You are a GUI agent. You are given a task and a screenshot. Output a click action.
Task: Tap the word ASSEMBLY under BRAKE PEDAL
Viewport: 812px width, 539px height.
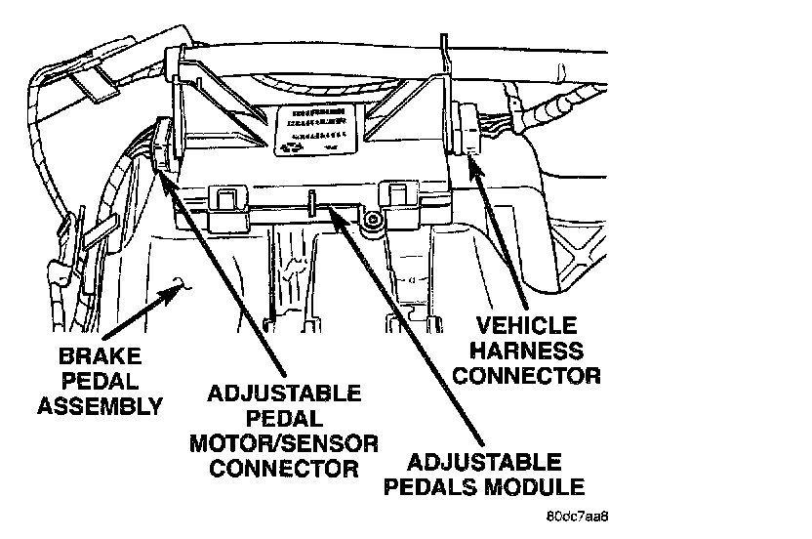pos(100,405)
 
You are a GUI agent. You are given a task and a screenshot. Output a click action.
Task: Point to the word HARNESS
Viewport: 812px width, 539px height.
pos(536,350)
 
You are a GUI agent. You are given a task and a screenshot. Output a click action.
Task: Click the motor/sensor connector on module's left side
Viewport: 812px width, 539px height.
pos(161,146)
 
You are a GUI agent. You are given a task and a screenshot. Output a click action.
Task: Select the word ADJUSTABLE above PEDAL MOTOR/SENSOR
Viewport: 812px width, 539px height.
pos(285,394)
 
